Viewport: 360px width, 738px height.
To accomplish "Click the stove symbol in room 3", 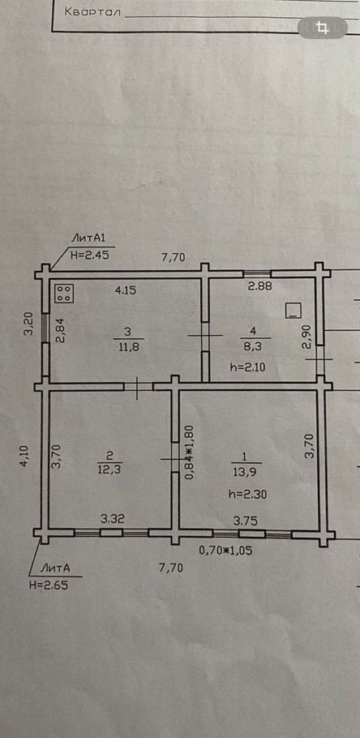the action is [x=65, y=294].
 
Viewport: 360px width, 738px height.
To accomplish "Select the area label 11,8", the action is [x=128, y=349].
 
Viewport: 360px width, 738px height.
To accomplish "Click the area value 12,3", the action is [x=108, y=470].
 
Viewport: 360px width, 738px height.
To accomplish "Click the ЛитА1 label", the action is [x=87, y=238].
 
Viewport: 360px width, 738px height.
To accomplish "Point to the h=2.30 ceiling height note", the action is [x=247, y=494].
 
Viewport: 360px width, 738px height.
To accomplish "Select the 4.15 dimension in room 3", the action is [x=126, y=290].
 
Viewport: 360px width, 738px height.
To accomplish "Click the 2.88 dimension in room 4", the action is [x=261, y=285].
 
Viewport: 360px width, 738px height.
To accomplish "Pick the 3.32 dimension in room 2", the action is [x=113, y=519].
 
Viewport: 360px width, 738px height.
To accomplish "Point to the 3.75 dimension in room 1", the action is [x=245, y=521].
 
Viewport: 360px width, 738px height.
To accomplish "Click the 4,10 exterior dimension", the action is [x=24, y=457].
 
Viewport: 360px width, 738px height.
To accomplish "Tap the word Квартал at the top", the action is [x=92, y=12].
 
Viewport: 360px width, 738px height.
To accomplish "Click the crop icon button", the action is [x=323, y=28].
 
